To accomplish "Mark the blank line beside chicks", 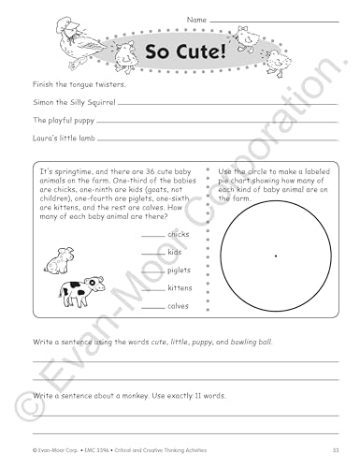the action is [152, 235].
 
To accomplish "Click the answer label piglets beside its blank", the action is [180, 270].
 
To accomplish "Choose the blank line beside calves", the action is [152, 305].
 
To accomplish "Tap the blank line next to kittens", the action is [152, 287].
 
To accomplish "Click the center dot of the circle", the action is [274, 255].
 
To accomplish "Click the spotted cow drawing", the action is [77, 291].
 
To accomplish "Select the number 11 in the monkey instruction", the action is [168, 397].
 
